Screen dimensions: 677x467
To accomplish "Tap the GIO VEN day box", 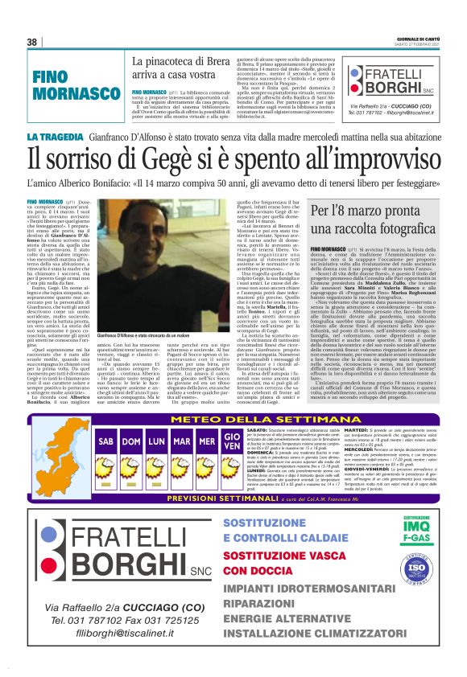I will click(232, 441).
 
